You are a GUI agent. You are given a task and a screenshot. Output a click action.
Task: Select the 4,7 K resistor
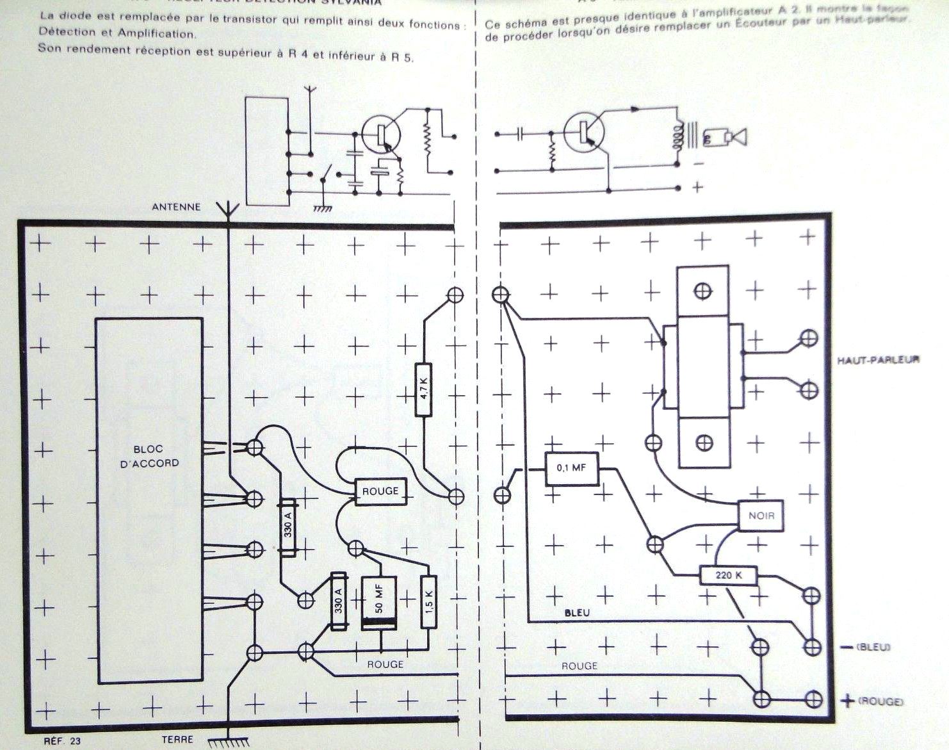[x=423, y=389]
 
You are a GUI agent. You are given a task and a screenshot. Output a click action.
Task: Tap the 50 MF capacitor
[x=378, y=603]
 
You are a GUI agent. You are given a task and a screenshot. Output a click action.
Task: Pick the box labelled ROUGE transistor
[x=380, y=492]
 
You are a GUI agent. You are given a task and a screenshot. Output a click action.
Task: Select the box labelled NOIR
[x=761, y=515]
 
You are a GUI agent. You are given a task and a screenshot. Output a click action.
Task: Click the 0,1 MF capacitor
[x=571, y=468]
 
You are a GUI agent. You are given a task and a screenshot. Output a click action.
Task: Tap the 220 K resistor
[x=728, y=575]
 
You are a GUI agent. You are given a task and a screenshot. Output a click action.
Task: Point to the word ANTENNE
[x=176, y=207]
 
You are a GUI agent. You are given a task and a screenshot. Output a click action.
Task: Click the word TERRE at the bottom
[x=177, y=739]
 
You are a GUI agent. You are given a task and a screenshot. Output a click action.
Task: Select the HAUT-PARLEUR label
[x=878, y=359]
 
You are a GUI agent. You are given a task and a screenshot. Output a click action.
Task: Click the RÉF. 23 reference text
[x=63, y=741]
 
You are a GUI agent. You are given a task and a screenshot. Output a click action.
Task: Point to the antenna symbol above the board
[x=228, y=209]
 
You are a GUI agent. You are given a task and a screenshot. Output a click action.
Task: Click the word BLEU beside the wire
[x=577, y=613]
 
